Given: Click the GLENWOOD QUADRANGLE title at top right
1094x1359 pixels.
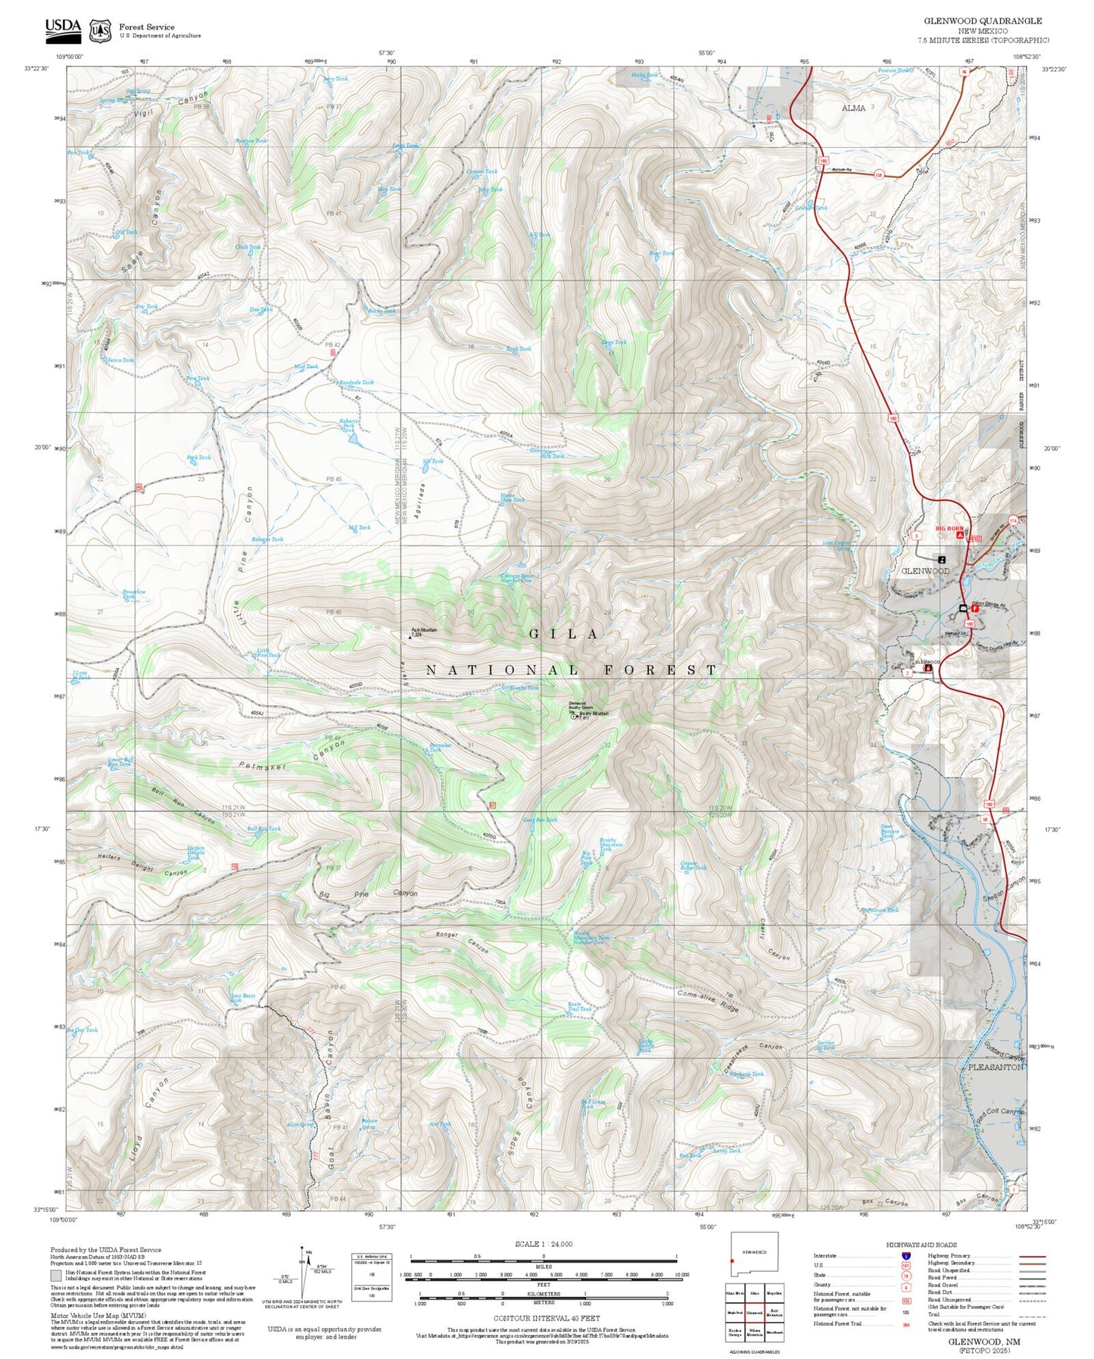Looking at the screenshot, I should point(982,21).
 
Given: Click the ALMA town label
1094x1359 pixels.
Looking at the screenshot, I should point(853,108).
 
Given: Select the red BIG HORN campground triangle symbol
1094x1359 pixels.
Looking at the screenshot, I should point(959,535).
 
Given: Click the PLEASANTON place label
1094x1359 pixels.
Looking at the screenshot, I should point(996,1067).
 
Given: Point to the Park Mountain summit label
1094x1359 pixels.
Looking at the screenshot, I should point(424,630).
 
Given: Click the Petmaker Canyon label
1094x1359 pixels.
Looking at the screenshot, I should point(291,758).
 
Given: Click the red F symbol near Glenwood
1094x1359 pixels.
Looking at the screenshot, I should point(975,608).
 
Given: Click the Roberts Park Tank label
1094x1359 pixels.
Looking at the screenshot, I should point(349,425).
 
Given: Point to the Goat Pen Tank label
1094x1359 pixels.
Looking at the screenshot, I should point(540,820).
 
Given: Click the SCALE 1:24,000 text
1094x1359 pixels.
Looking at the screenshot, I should point(544,1244).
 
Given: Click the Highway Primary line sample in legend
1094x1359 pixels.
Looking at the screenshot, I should point(1030,1256).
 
